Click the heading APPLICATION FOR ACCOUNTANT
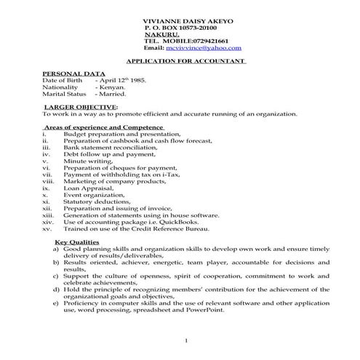186,62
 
